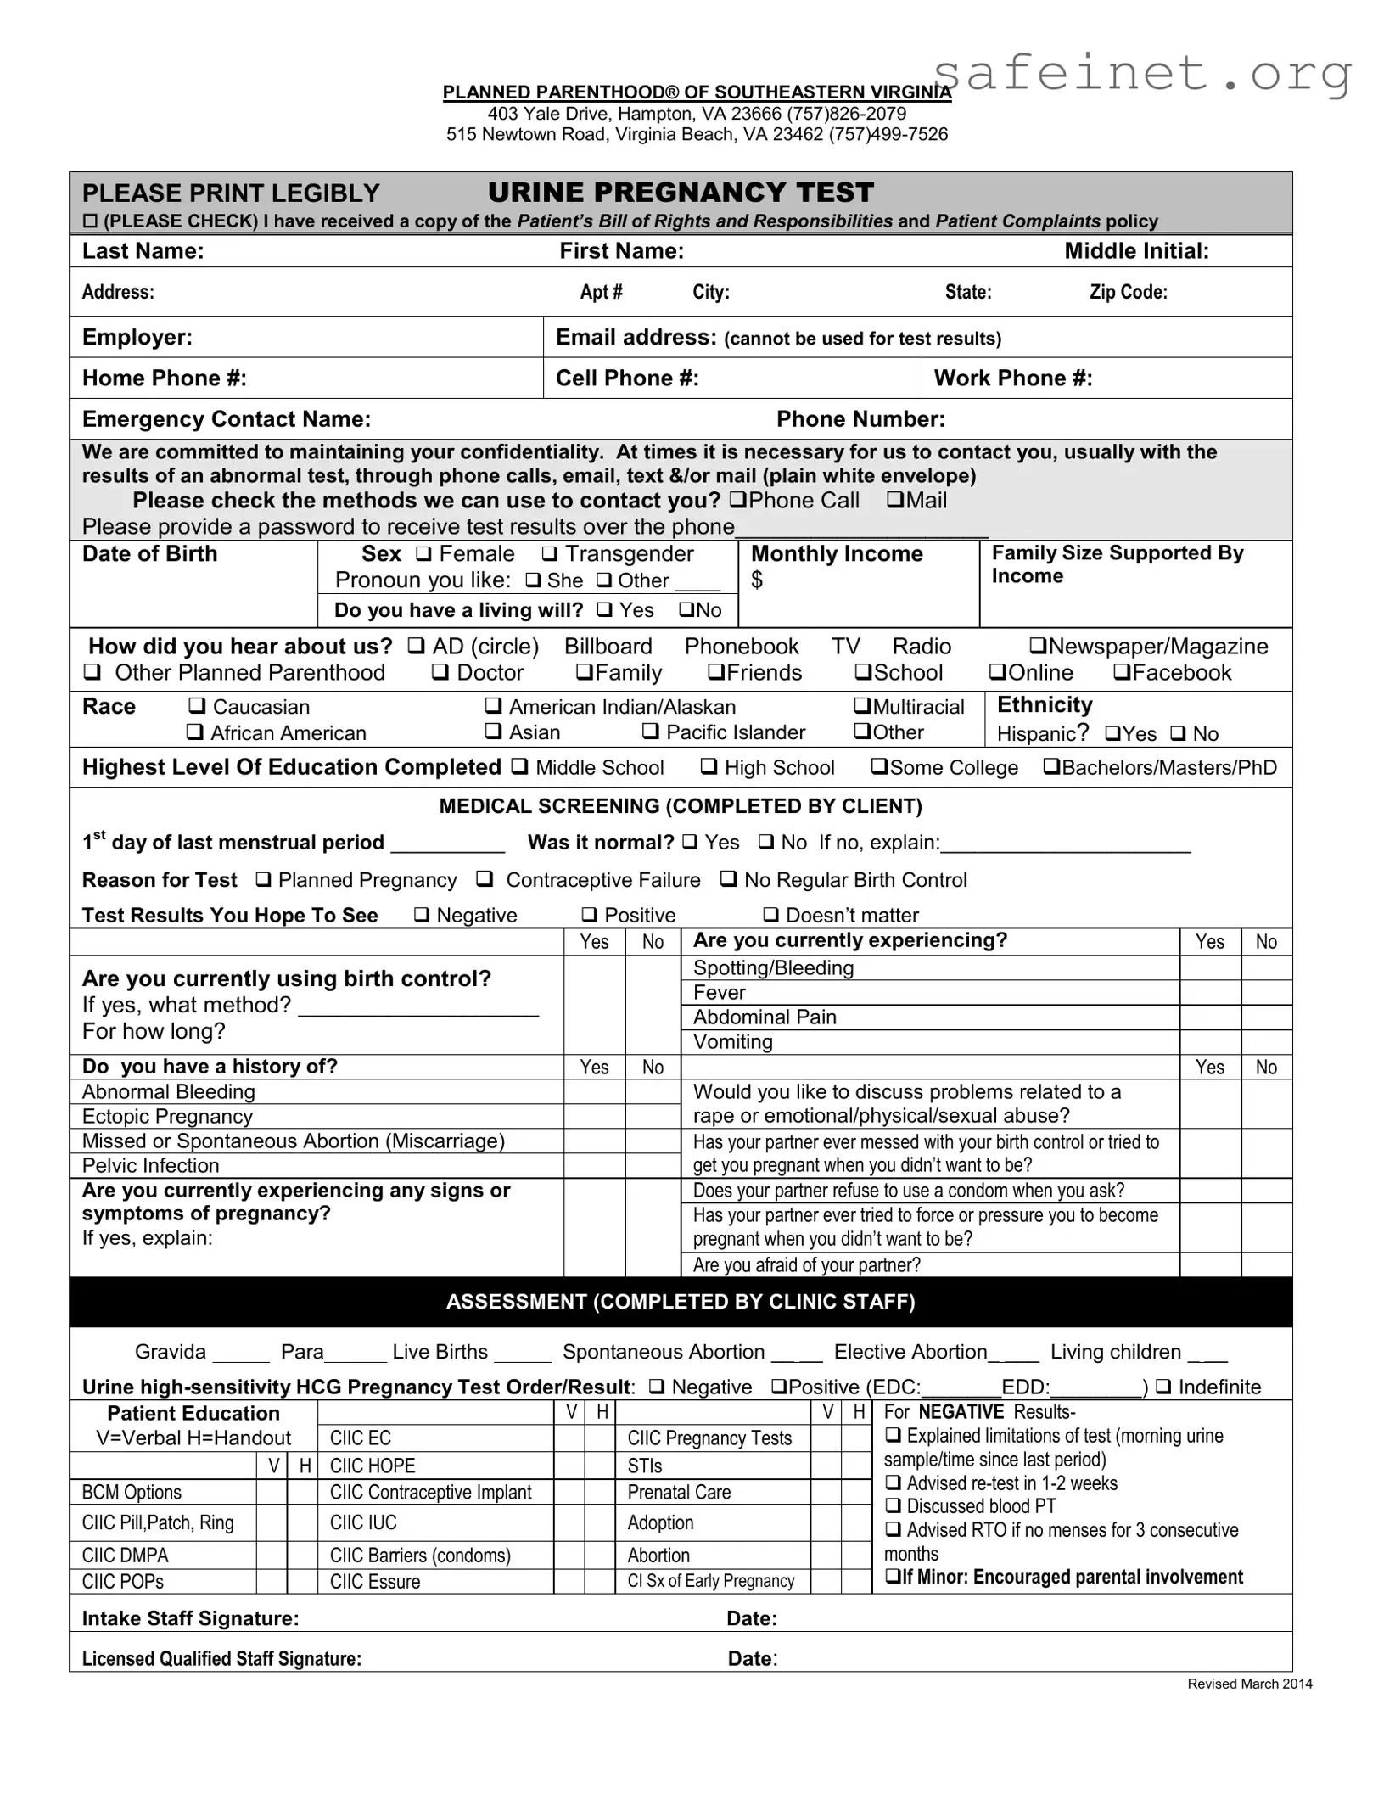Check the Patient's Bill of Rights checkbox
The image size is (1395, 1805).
[x=90, y=221]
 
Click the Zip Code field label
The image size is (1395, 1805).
[x=1128, y=292]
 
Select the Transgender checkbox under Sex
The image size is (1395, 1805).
[x=550, y=554]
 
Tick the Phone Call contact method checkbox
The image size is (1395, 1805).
[x=738, y=501]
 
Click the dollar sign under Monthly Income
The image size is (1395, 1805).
[x=757, y=580]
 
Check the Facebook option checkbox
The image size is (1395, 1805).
[x=1122, y=673]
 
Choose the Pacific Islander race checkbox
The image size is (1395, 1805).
[x=650, y=732]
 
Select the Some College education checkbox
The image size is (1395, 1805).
[x=880, y=767]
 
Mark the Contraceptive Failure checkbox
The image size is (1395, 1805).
[x=485, y=880]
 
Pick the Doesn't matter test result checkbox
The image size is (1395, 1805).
[x=770, y=915]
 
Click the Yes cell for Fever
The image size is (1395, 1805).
[x=1210, y=992]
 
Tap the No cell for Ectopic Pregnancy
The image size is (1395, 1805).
[x=653, y=1116]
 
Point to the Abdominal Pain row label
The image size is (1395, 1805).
[x=765, y=1017]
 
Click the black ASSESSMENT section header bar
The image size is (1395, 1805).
[x=681, y=1302]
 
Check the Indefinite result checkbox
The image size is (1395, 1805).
[x=1163, y=1387]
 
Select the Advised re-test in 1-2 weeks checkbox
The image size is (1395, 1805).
[x=893, y=1483]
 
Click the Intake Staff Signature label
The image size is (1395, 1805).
[x=190, y=1618]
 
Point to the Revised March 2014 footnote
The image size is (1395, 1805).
[x=1249, y=1684]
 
